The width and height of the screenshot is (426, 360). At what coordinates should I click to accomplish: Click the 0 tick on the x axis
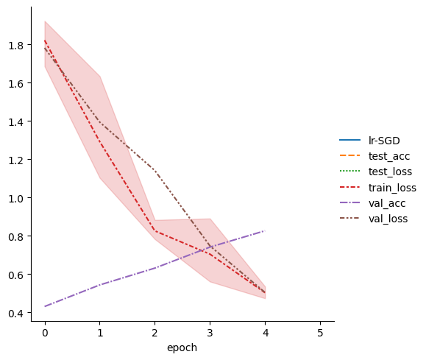coord(45,332)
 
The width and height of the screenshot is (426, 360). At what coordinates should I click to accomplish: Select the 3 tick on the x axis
coord(210,332)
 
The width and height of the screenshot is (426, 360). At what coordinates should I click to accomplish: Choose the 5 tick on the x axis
coord(320,332)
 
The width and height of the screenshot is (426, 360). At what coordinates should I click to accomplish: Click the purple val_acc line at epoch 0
coord(45,306)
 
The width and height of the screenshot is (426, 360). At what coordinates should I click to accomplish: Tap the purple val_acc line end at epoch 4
coord(265,231)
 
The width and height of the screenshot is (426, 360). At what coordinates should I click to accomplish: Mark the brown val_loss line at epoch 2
coord(155,171)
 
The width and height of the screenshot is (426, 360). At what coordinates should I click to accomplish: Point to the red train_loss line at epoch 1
coord(100,144)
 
